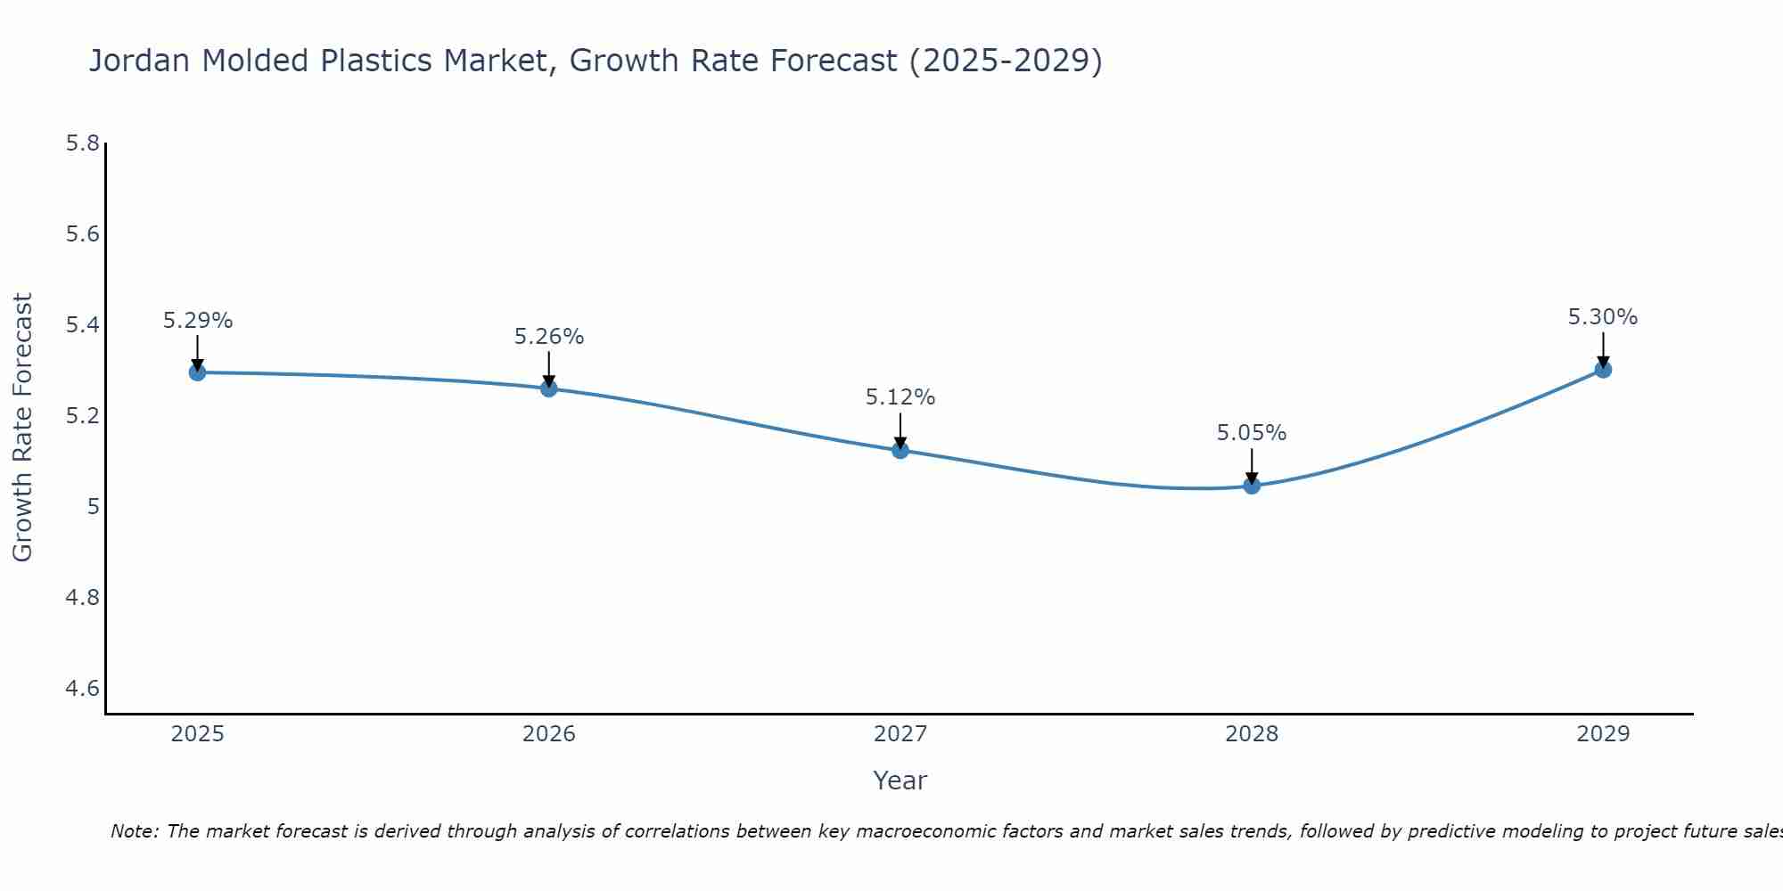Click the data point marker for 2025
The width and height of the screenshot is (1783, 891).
[198, 372]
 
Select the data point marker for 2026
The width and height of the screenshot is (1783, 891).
[549, 388]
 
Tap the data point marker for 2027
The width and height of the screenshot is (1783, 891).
[900, 450]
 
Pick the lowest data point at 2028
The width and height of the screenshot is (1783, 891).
[1252, 486]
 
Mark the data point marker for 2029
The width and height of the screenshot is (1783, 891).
[1603, 369]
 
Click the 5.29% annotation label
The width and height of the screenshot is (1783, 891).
[198, 321]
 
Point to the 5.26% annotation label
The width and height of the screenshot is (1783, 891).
[549, 337]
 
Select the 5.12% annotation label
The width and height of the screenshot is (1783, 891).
[900, 397]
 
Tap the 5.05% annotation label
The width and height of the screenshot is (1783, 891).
[1252, 433]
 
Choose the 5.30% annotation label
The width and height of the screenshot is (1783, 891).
[1603, 317]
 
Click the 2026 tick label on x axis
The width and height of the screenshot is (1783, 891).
[549, 734]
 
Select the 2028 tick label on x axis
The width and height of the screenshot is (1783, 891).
[1252, 734]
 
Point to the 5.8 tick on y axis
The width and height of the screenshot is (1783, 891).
[82, 143]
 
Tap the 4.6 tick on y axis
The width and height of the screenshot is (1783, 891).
[82, 689]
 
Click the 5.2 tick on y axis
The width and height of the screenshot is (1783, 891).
[82, 416]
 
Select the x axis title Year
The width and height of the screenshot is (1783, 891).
[900, 781]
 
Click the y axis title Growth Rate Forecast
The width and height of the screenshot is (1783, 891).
[22, 428]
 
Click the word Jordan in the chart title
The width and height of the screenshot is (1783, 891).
[139, 61]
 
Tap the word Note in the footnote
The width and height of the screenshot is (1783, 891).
[134, 831]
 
